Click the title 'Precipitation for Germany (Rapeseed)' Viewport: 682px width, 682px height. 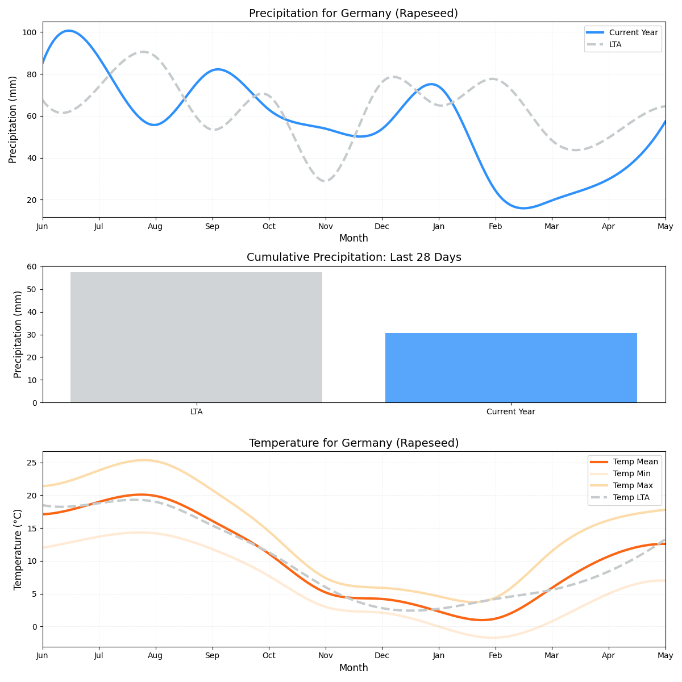[x=353, y=14]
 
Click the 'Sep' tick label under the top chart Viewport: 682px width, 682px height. [x=212, y=226]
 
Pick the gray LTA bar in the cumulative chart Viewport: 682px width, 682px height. [x=196, y=337]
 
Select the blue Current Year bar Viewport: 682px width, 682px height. [x=511, y=368]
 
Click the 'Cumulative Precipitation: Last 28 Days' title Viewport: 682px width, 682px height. [x=354, y=257]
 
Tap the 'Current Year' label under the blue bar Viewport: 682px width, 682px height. [x=510, y=411]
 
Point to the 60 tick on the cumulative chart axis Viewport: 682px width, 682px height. [x=32, y=267]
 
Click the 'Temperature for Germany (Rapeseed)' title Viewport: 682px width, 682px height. [x=354, y=443]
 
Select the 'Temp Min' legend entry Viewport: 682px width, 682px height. [x=631, y=473]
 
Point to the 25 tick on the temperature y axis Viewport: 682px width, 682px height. [x=32, y=463]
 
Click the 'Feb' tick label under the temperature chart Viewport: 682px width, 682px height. [x=495, y=656]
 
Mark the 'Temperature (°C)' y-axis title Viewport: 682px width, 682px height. [x=18, y=549]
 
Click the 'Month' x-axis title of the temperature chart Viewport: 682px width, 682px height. [x=354, y=668]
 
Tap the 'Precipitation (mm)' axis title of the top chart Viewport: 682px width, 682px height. [x=13, y=119]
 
